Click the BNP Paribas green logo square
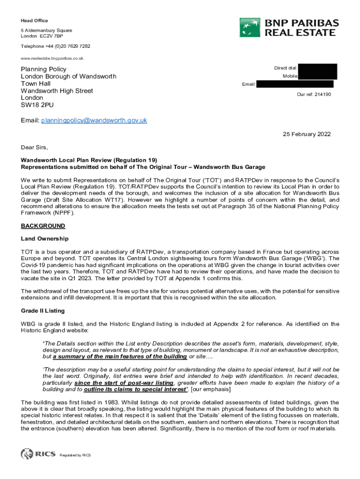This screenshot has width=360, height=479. [250, 27]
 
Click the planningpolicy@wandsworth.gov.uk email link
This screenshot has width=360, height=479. [94, 120]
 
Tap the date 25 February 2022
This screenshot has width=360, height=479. [307, 134]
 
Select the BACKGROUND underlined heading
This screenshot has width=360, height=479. [43, 226]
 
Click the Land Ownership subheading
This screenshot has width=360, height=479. [45, 239]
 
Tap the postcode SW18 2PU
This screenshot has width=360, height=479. [37, 105]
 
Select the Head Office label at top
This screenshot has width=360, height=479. [34, 21]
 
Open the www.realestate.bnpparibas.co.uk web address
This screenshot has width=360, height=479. [52, 58]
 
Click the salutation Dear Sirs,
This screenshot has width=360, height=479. [34, 147]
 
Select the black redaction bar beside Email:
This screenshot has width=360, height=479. [295, 84]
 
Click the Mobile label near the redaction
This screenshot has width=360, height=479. [290, 76]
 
